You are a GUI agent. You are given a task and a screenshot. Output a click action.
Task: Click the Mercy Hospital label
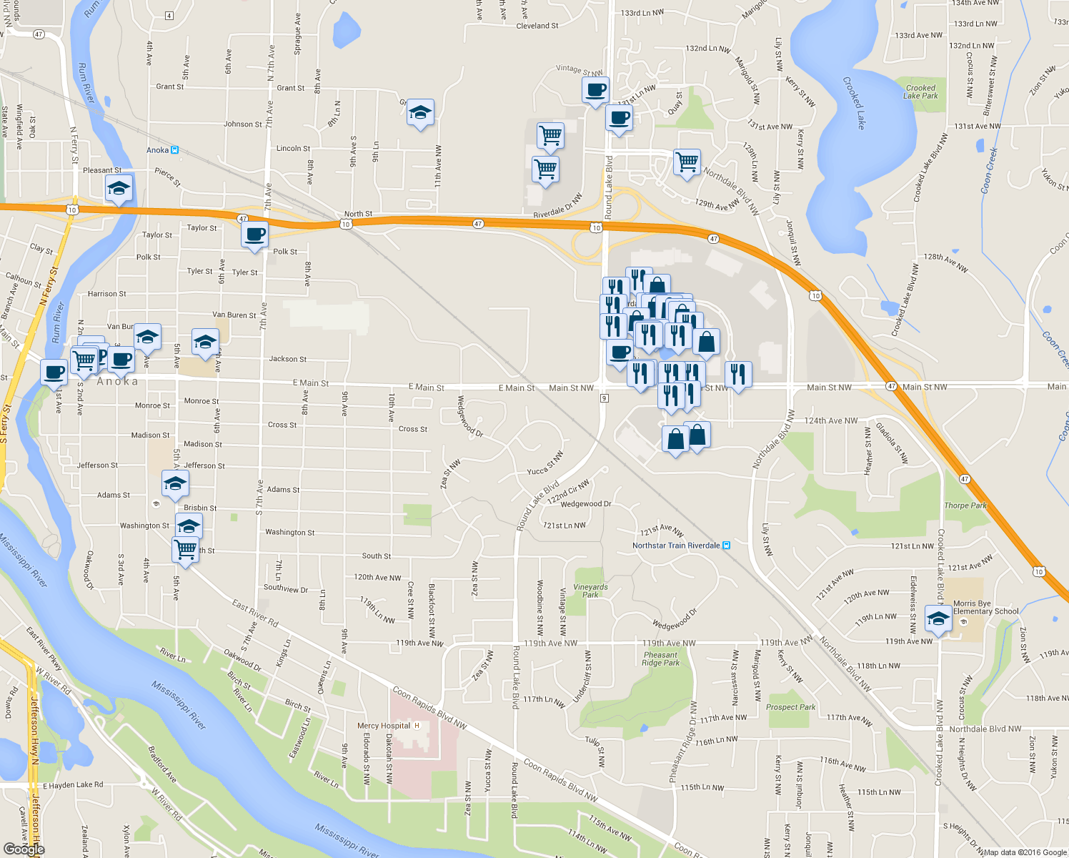click(x=384, y=726)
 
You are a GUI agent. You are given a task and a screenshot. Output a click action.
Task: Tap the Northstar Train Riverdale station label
click(x=676, y=546)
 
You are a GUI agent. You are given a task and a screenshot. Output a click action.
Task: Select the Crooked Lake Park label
click(x=920, y=92)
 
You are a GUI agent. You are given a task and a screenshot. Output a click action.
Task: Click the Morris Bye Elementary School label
click(x=985, y=607)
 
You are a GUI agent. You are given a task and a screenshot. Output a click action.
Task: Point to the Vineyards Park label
click(x=590, y=591)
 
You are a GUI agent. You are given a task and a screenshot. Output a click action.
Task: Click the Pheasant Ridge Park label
click(x=660, y=659)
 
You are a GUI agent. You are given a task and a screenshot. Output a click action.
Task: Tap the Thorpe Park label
click(x=965, y=506)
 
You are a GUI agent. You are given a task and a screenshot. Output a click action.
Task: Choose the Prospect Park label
click(x=790, y=707)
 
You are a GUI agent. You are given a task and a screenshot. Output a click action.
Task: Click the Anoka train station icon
click(x=174, y=150)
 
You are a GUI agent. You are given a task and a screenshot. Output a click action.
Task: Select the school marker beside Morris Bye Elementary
click(x=938, y=618)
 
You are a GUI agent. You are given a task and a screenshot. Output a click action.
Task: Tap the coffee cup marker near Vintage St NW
click(x=595, y=91)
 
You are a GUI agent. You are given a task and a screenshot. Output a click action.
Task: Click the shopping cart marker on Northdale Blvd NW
click(x=687, y=162)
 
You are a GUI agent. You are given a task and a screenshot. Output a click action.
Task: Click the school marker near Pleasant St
click(x=119, y=189)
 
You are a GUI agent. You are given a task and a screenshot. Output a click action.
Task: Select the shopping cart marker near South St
click(x=185, y=550)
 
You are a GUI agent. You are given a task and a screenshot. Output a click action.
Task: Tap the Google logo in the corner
click(x=24, y=849)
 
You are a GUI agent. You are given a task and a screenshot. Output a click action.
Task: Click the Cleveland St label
click(x=537, y=26)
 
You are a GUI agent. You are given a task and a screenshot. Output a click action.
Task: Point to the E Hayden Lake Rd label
click(x=73, y=785)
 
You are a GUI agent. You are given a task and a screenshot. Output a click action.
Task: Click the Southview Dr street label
click(x=286, y=589)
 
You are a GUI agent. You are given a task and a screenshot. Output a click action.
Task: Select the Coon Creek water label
click(x=989, y=170)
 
